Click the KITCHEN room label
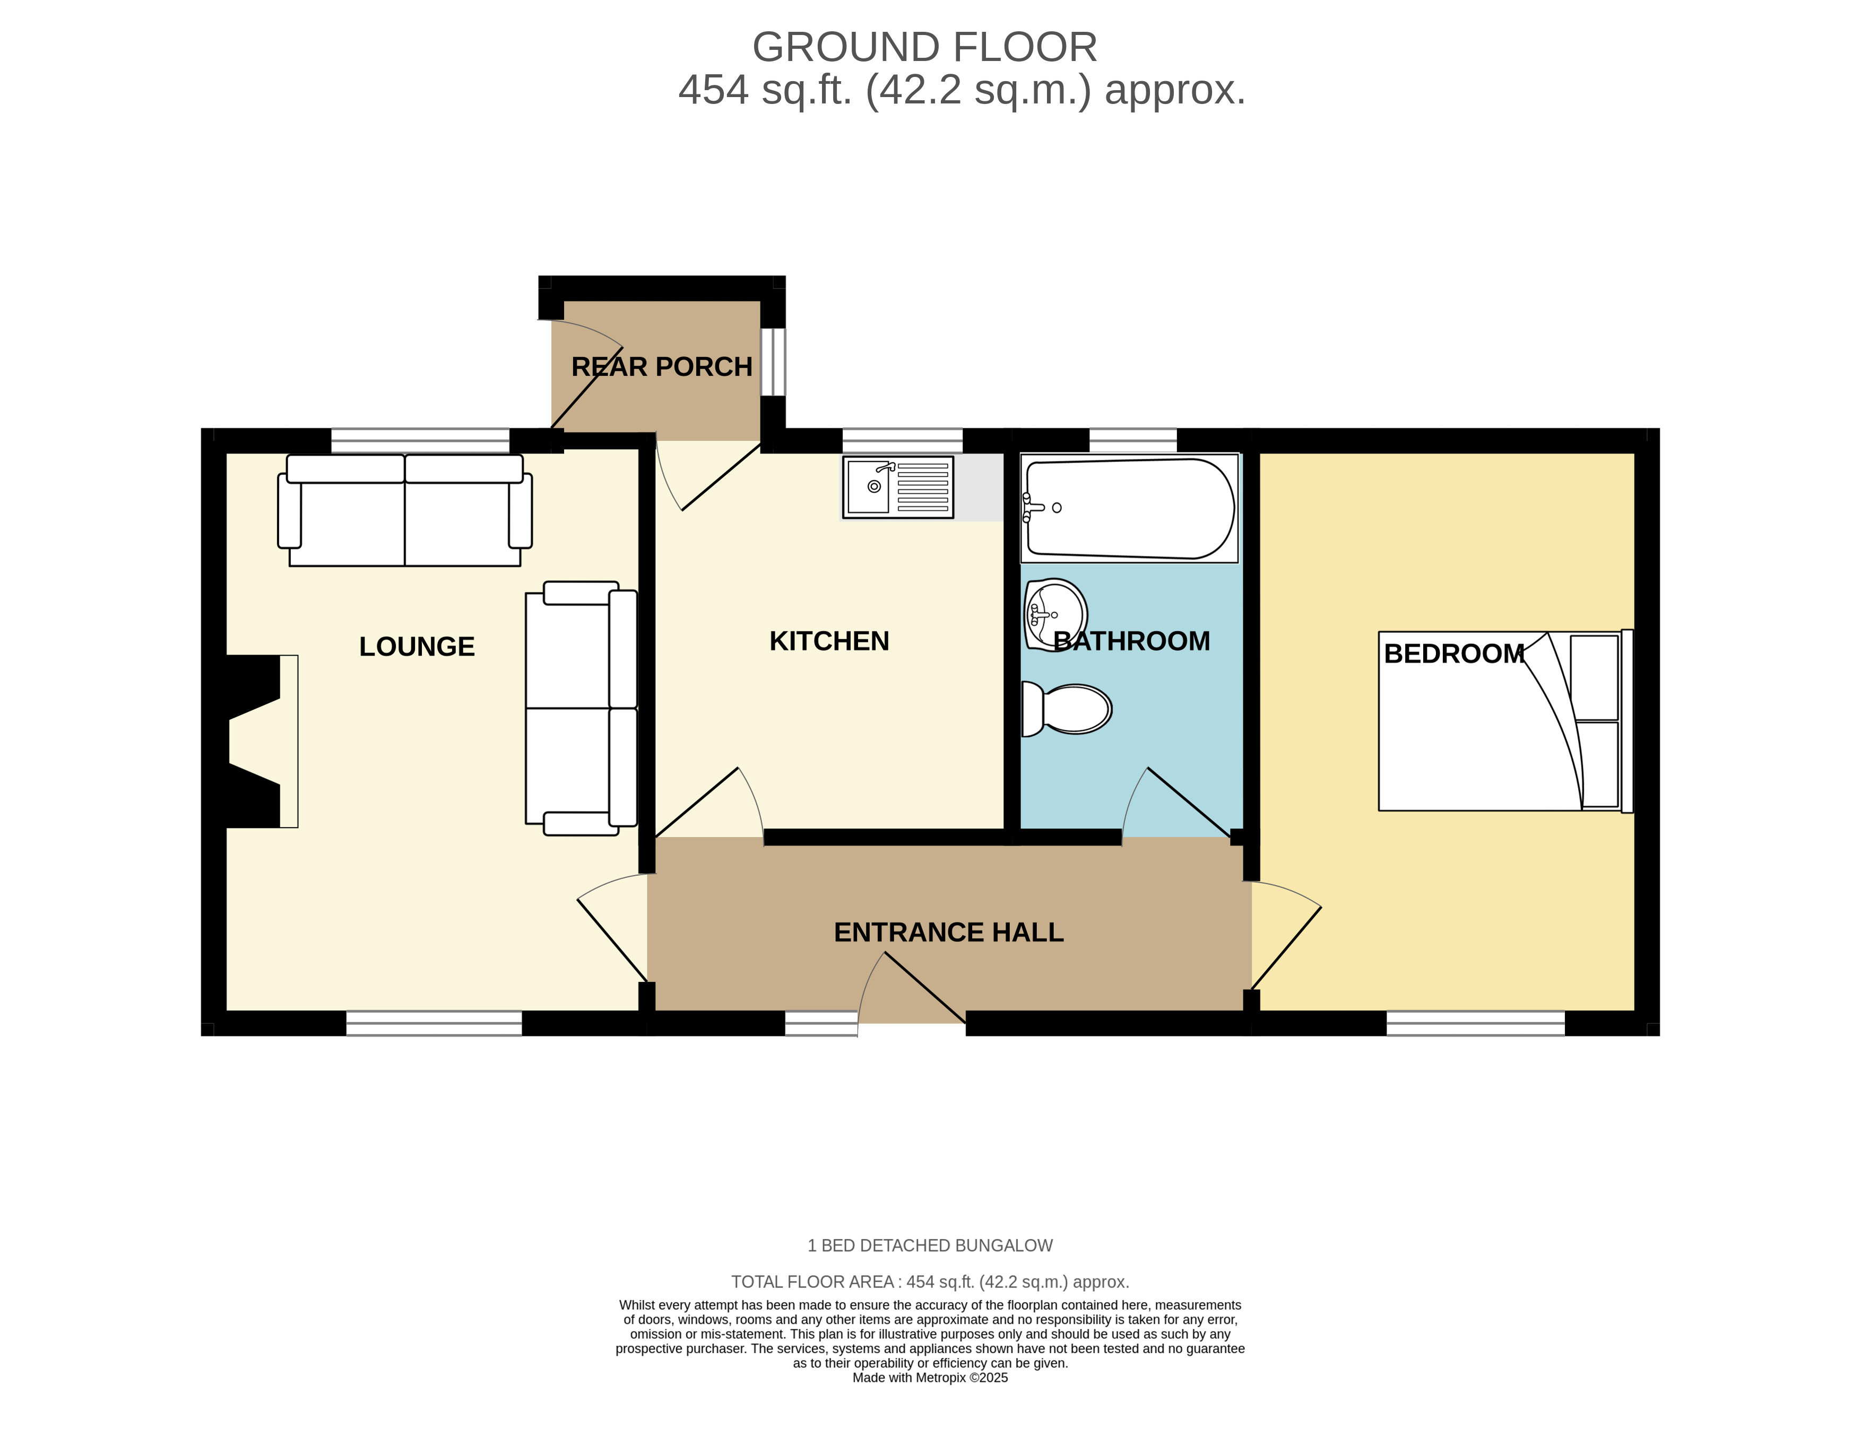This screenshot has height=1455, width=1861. pyautogui.click(x=829, y=641)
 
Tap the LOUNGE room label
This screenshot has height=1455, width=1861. pyautogui.click(x=417, y=647)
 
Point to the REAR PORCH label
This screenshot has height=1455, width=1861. pyautogui.click(x=661, y=367)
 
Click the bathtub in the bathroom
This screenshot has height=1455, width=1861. pyautogui.click(x=1129, y=509)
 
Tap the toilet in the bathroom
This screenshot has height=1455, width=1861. pyautogui.click(x=1066, y=709)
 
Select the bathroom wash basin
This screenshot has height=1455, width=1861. pyautogui.click(x=1055, y=614)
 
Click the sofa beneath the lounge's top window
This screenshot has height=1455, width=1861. pyautogui.click(x=405, y=509)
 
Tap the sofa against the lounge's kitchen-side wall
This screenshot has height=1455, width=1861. pyautogui.click(x=581, y=708)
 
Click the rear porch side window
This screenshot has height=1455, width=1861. pyautogui.click(x=773, y=362)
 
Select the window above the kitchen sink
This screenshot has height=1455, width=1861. pyautogui.click(x=903, y=440)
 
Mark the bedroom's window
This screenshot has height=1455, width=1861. pyautogui.click(x=1476, y=1023)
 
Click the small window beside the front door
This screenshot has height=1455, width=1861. pyautogui.click(x=820, y=1023)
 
